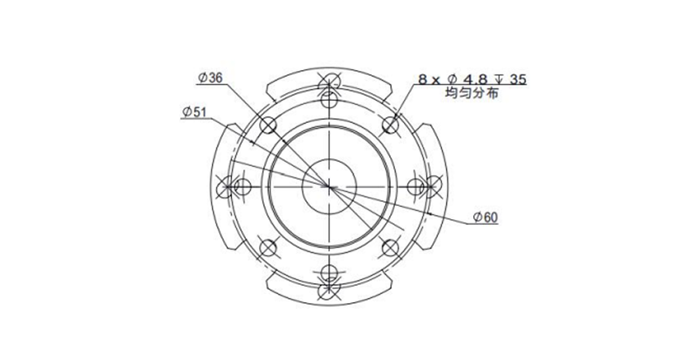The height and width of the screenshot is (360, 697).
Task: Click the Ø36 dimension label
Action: (x=210, y=77)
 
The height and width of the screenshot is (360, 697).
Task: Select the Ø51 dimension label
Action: (x=195, y=112)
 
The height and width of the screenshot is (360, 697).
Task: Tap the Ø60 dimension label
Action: (x=485, y=217)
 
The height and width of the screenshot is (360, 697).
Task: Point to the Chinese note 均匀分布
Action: (x=471, y=94)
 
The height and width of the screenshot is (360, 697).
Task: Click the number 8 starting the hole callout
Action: (x=423, y=80)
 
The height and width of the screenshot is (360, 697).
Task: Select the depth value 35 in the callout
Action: (x=518, y=80)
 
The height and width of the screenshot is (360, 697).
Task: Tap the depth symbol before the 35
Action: (x=499, y=80)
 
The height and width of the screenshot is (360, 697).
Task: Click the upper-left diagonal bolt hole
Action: (x=268, y=125)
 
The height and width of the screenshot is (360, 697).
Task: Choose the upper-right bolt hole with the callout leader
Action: (x=390, y=125)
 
